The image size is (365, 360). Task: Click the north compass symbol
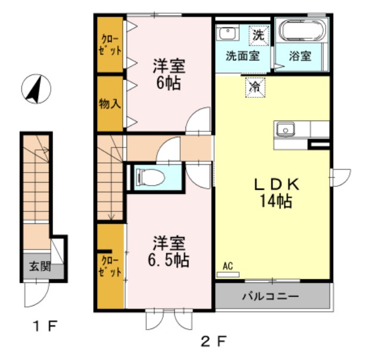click(x=36, y=89)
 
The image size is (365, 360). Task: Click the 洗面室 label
click(x=242, y=57)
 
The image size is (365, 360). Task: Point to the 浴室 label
click(x=300, y=57)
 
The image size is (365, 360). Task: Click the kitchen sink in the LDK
click(x=284, y=128)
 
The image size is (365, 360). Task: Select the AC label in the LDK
click(x=228, y=266)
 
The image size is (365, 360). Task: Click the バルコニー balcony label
click(x=270, y=296)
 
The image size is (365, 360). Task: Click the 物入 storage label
click(x=110, y=103)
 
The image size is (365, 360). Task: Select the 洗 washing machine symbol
click(x=258, y=35)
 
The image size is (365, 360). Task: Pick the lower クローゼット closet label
click(x=110, y=265)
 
